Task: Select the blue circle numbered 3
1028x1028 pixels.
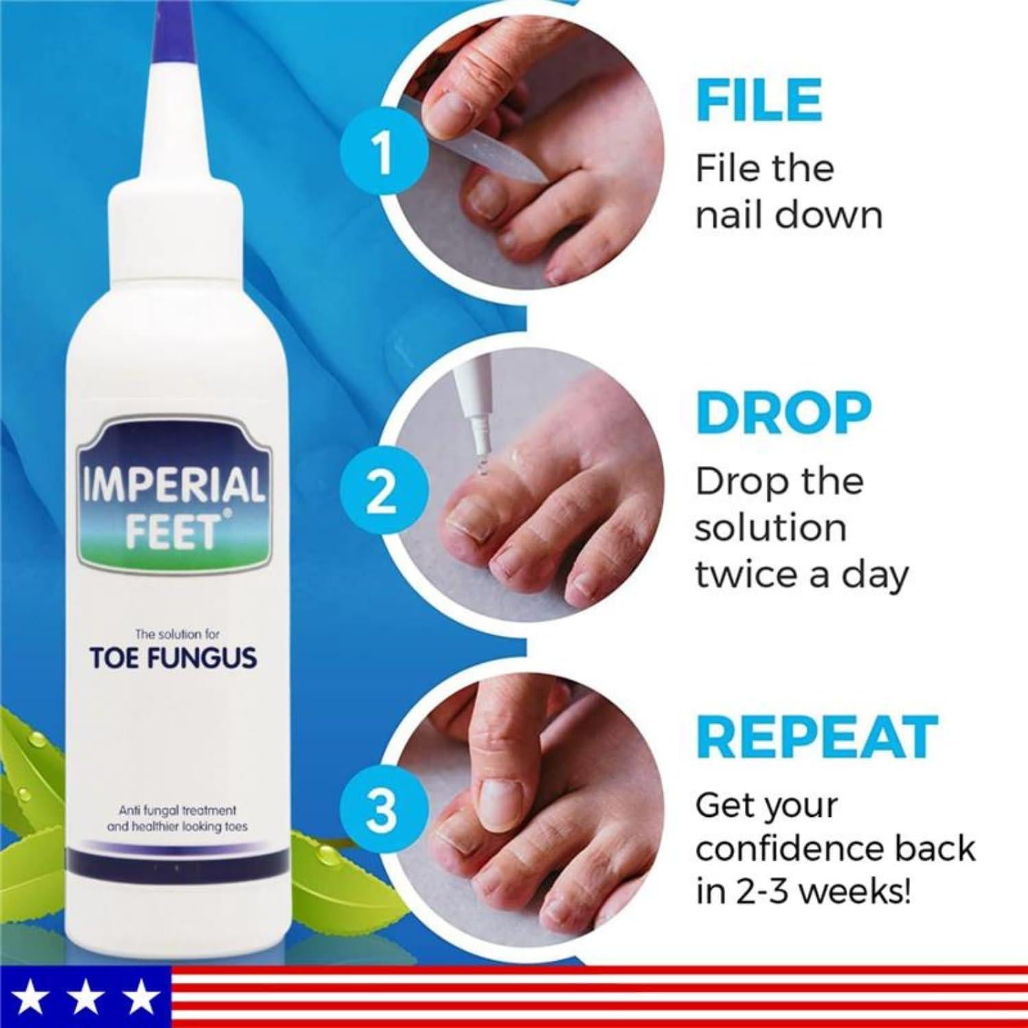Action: coord(382,810)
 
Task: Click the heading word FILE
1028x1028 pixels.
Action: coord(759,101)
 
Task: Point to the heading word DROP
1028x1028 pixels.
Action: coord(783,414)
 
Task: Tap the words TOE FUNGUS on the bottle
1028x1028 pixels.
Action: coord(173,658)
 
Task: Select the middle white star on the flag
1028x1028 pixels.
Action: coord(86,1002)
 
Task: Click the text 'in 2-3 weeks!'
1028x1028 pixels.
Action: coord(803,894)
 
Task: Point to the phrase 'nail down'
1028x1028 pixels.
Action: coord(789,215)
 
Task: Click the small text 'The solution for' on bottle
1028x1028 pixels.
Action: coord(174,635)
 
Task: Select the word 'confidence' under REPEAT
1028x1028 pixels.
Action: coord(789,848)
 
